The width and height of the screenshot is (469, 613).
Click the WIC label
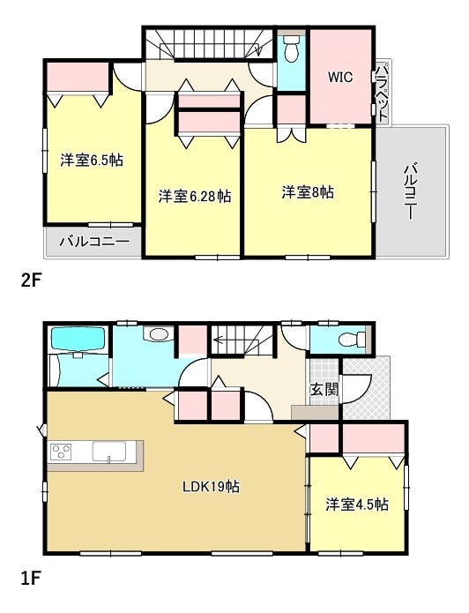(x=340, y=77)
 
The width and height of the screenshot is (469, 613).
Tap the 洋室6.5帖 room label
(x=92, y=160)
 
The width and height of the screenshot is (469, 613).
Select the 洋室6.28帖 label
(x=194, y=196)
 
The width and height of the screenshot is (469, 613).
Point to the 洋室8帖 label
(x=308, y=192)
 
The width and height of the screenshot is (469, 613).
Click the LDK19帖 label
(x=211, y=486)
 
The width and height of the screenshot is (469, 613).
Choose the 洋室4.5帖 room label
(x=357, y=505)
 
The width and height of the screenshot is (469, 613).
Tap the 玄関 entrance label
(x=324, y=389)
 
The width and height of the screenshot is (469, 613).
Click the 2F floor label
(x=31, y=280)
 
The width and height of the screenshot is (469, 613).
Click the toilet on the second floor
(x=291, y=49)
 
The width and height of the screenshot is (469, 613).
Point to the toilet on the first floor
(x=352, y=339)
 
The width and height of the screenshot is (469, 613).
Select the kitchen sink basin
(x=109, y=452)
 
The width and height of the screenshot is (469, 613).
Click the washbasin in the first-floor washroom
(x=159, y=334)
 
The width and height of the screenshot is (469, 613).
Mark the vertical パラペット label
(x=383, y=93)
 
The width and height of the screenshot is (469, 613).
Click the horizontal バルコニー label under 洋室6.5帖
(x=94, y=242)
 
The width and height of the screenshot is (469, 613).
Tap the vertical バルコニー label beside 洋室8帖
(x=409, y=191)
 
